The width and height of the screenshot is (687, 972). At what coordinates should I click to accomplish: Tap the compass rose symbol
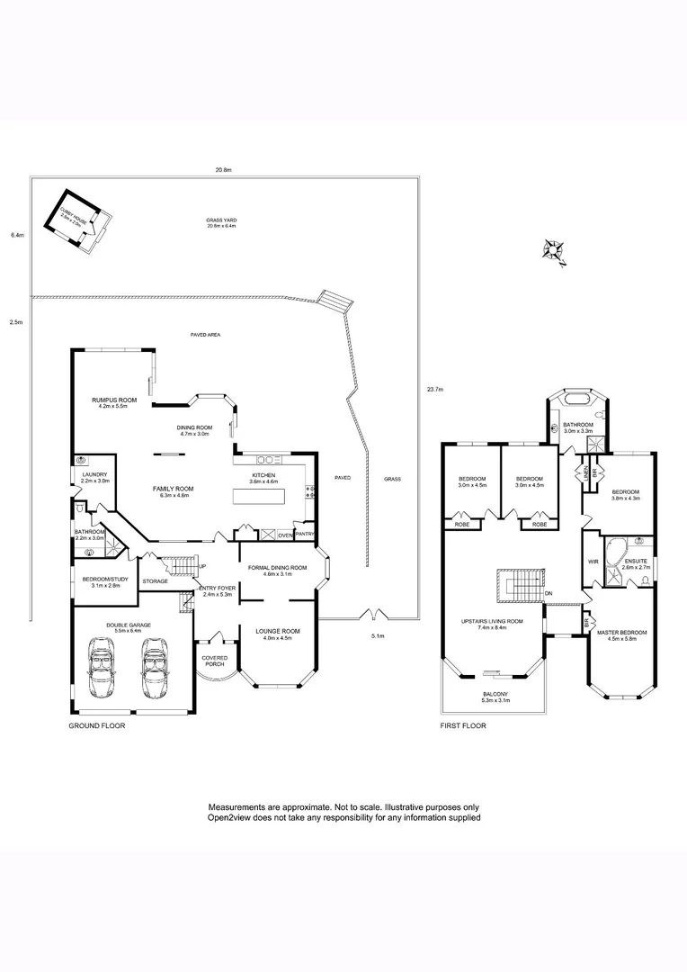(555, 251)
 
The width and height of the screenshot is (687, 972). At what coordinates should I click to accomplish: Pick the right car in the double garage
(156, 670)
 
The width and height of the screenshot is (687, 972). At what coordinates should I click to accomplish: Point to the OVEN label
(285, 535)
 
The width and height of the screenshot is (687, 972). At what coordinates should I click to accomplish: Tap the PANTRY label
(305, 535)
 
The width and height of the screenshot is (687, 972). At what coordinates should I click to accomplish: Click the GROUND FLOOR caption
(97, 724)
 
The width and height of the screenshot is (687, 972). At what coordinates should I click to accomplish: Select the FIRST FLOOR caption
(463, 724)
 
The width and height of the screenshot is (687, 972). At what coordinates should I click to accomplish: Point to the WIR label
(593, 562)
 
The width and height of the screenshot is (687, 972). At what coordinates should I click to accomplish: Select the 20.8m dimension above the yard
(223, 169)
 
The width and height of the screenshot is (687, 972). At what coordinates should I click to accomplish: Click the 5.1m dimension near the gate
(379, 636)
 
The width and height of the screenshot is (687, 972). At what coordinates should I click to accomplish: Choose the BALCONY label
(495, 694)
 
